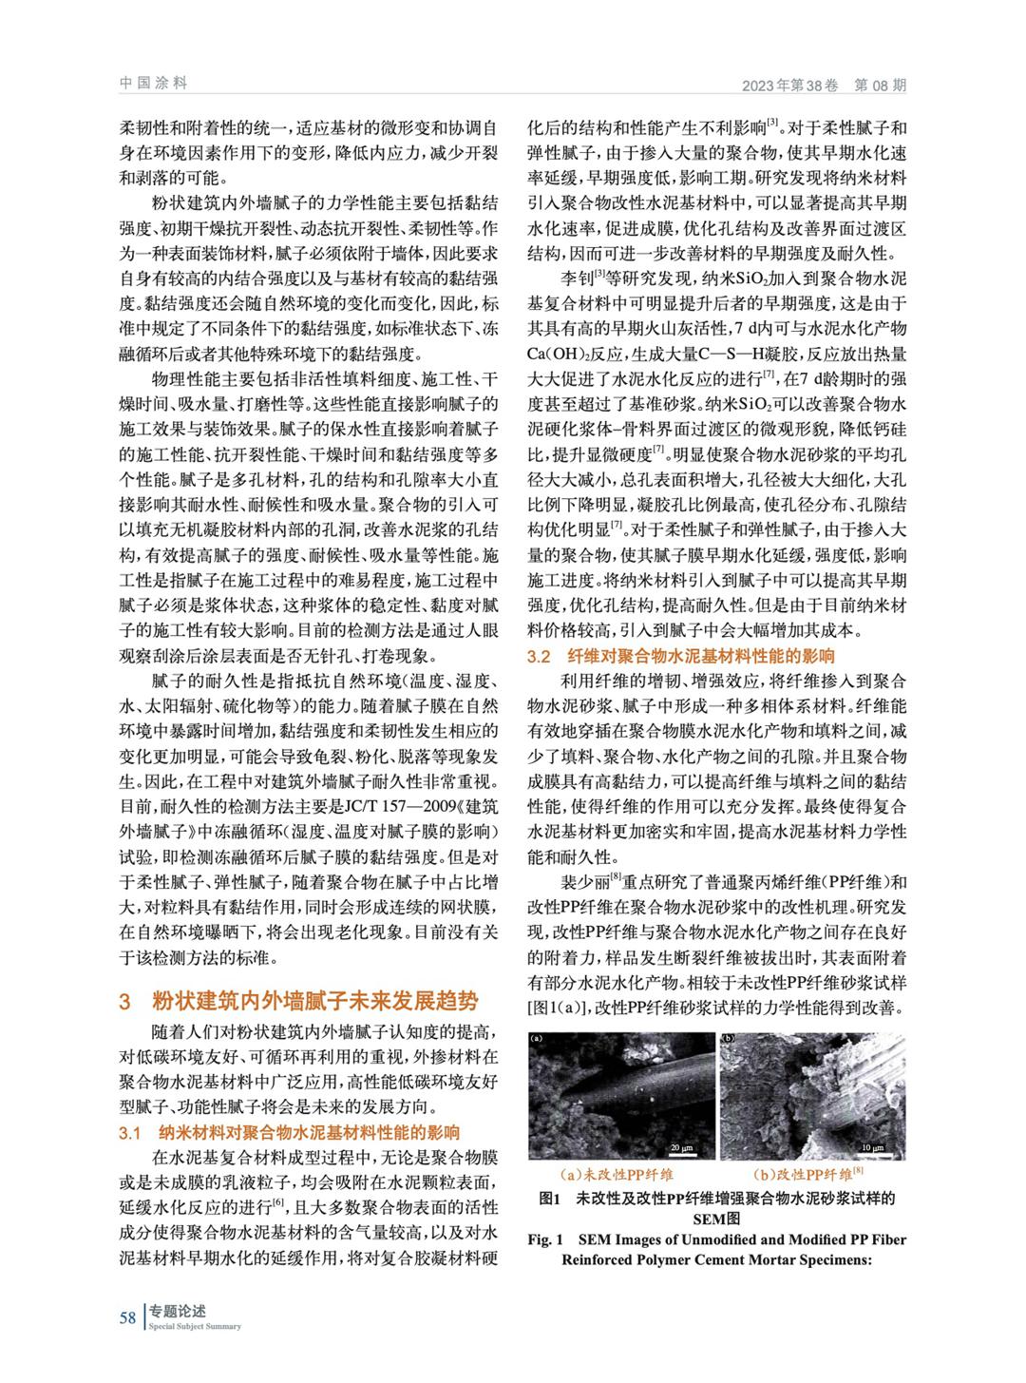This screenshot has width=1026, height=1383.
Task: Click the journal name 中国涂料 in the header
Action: pos(153,83)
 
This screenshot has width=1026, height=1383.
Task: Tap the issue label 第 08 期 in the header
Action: pos(880,85)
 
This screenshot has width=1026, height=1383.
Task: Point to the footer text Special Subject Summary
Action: pos(195,1327)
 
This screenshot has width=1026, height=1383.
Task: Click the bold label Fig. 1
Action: pos(546,1240)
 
